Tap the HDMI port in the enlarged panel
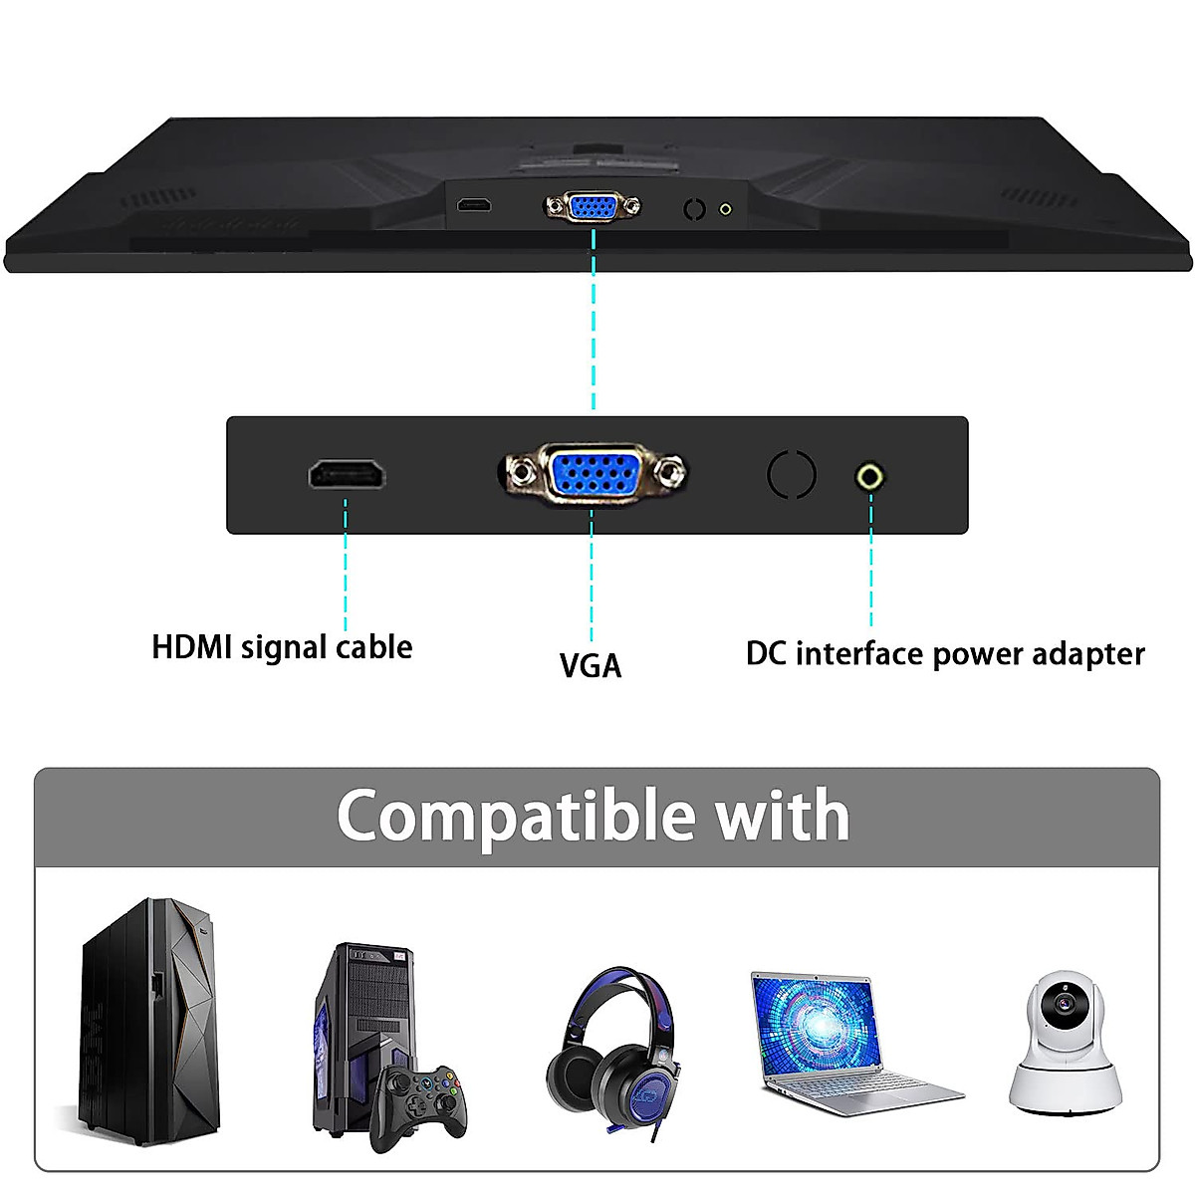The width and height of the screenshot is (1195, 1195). [347, 475]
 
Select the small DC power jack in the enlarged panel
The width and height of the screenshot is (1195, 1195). [870, 477]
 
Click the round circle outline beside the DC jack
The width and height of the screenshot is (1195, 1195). [792, 474]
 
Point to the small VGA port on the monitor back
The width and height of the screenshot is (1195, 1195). [593, 207]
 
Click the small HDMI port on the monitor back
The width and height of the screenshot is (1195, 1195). [474, 206]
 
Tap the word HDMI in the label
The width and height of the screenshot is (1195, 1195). [191, 647]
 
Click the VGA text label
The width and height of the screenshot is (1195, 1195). [591, 665]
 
